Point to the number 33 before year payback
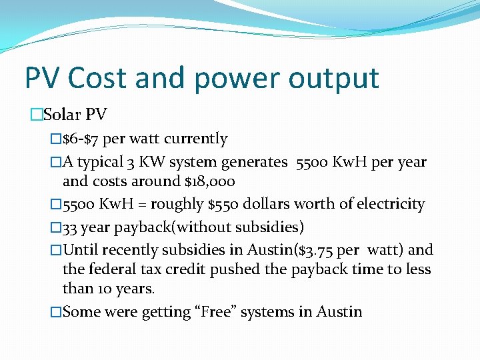[70, 227]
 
